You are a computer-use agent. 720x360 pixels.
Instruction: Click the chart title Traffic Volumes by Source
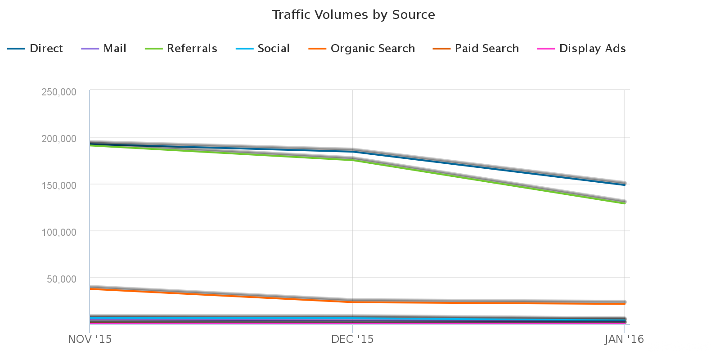[353, 15]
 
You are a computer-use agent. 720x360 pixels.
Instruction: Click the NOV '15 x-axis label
[90, 339]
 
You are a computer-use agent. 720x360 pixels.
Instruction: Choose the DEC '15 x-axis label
[352, 339]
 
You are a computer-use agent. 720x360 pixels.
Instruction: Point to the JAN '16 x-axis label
[624, 339]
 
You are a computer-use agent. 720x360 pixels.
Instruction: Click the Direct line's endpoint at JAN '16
[624, 184]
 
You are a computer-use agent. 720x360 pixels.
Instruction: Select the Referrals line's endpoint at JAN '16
[624, 203]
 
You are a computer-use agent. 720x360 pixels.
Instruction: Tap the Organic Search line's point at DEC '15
[352, 301]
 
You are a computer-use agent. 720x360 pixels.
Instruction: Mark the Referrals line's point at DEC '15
[352, 160]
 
